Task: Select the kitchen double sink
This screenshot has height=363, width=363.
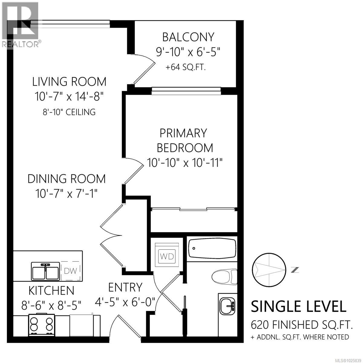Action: [x=45, y=271]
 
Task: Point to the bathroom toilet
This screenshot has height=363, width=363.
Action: [x=224, y=276]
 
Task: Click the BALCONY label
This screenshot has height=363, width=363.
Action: [x=188, y=37]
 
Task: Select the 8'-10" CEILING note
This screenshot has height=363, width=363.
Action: [x=69, y=112]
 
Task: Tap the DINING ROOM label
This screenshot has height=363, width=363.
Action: [x=67, y=179]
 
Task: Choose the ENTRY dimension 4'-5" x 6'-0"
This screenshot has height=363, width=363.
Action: [x=125, y=301]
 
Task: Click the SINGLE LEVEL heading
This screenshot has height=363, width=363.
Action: [x=299, y=306]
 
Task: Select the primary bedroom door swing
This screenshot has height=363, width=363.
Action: [x=133, y=171]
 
